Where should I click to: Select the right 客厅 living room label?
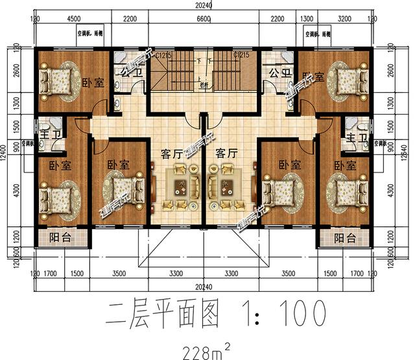[x=227, y=154]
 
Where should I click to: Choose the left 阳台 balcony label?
[x=60, y=237]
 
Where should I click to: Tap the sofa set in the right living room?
[x=224, y=186]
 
